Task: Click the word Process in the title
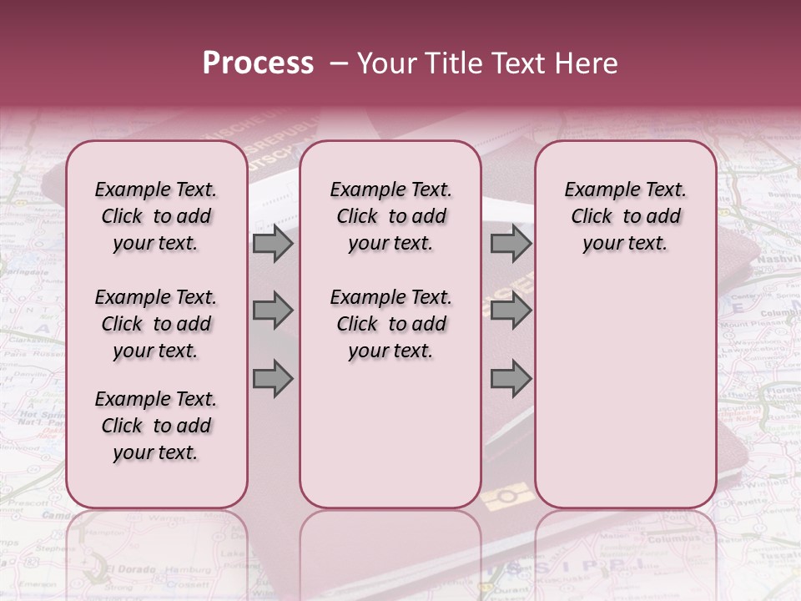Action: tap(258, 63)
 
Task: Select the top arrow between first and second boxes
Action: tap(273, 244)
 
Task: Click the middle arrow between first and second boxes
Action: tap(273, 311)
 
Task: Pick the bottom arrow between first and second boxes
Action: tap(273, 379)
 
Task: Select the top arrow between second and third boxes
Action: tap(511, 244)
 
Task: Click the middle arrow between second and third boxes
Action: tap(511, 311)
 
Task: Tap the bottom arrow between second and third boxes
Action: tap(511, 379)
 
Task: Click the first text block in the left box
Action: tap(155, 216)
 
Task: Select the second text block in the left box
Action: tap(155, 324)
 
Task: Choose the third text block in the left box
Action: tap(155, 426)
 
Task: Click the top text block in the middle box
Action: tap(390, 216)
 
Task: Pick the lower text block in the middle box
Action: tap(390, 324)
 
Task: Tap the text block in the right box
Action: tap(625, 216)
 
